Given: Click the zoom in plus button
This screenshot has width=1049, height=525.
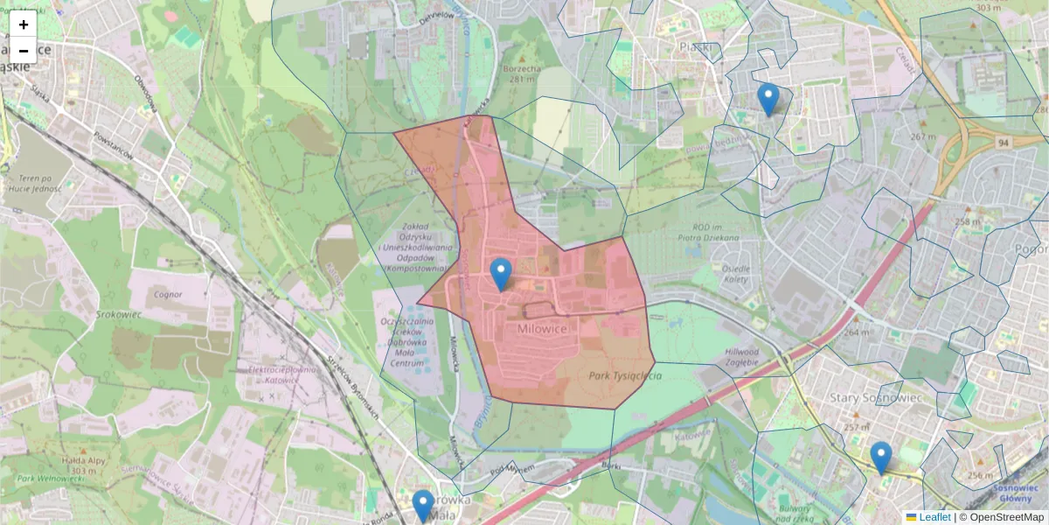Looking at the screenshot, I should click(24, 24).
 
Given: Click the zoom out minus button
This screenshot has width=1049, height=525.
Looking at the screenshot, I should click(24, 51).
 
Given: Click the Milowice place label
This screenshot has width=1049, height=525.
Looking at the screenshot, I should click(542, 328).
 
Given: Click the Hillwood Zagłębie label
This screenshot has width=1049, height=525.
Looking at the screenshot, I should click(729, 357).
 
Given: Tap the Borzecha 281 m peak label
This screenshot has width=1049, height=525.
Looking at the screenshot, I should click(522, 73).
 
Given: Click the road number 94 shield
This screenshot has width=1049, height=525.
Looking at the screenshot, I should click(1004, 142).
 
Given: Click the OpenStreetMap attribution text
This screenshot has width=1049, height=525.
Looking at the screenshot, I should click(1006, 517).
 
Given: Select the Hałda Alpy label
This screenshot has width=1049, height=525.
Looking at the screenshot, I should click(78, 464).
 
